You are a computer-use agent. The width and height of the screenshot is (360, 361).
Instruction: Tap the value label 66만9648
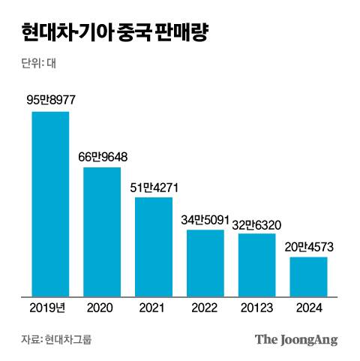click(x=103, y=157)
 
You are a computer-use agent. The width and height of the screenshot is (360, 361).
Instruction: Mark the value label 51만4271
click(x=154, y=187)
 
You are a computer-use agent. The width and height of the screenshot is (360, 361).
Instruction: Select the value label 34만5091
click(x=205, y=219)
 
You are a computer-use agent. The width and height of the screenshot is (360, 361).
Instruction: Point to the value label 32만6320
click(x=257, y=223)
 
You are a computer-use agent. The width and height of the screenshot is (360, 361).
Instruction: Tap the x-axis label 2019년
click(x=50, y=307)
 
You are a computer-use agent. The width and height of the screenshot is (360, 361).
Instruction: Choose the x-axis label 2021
click(x=154, y=307)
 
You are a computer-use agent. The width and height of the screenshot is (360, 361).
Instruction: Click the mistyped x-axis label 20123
click(x=257, y=307)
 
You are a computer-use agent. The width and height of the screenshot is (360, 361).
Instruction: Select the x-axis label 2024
click(x=309, y=307)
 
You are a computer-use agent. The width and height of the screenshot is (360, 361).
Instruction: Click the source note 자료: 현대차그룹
click(x=56, y=339)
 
